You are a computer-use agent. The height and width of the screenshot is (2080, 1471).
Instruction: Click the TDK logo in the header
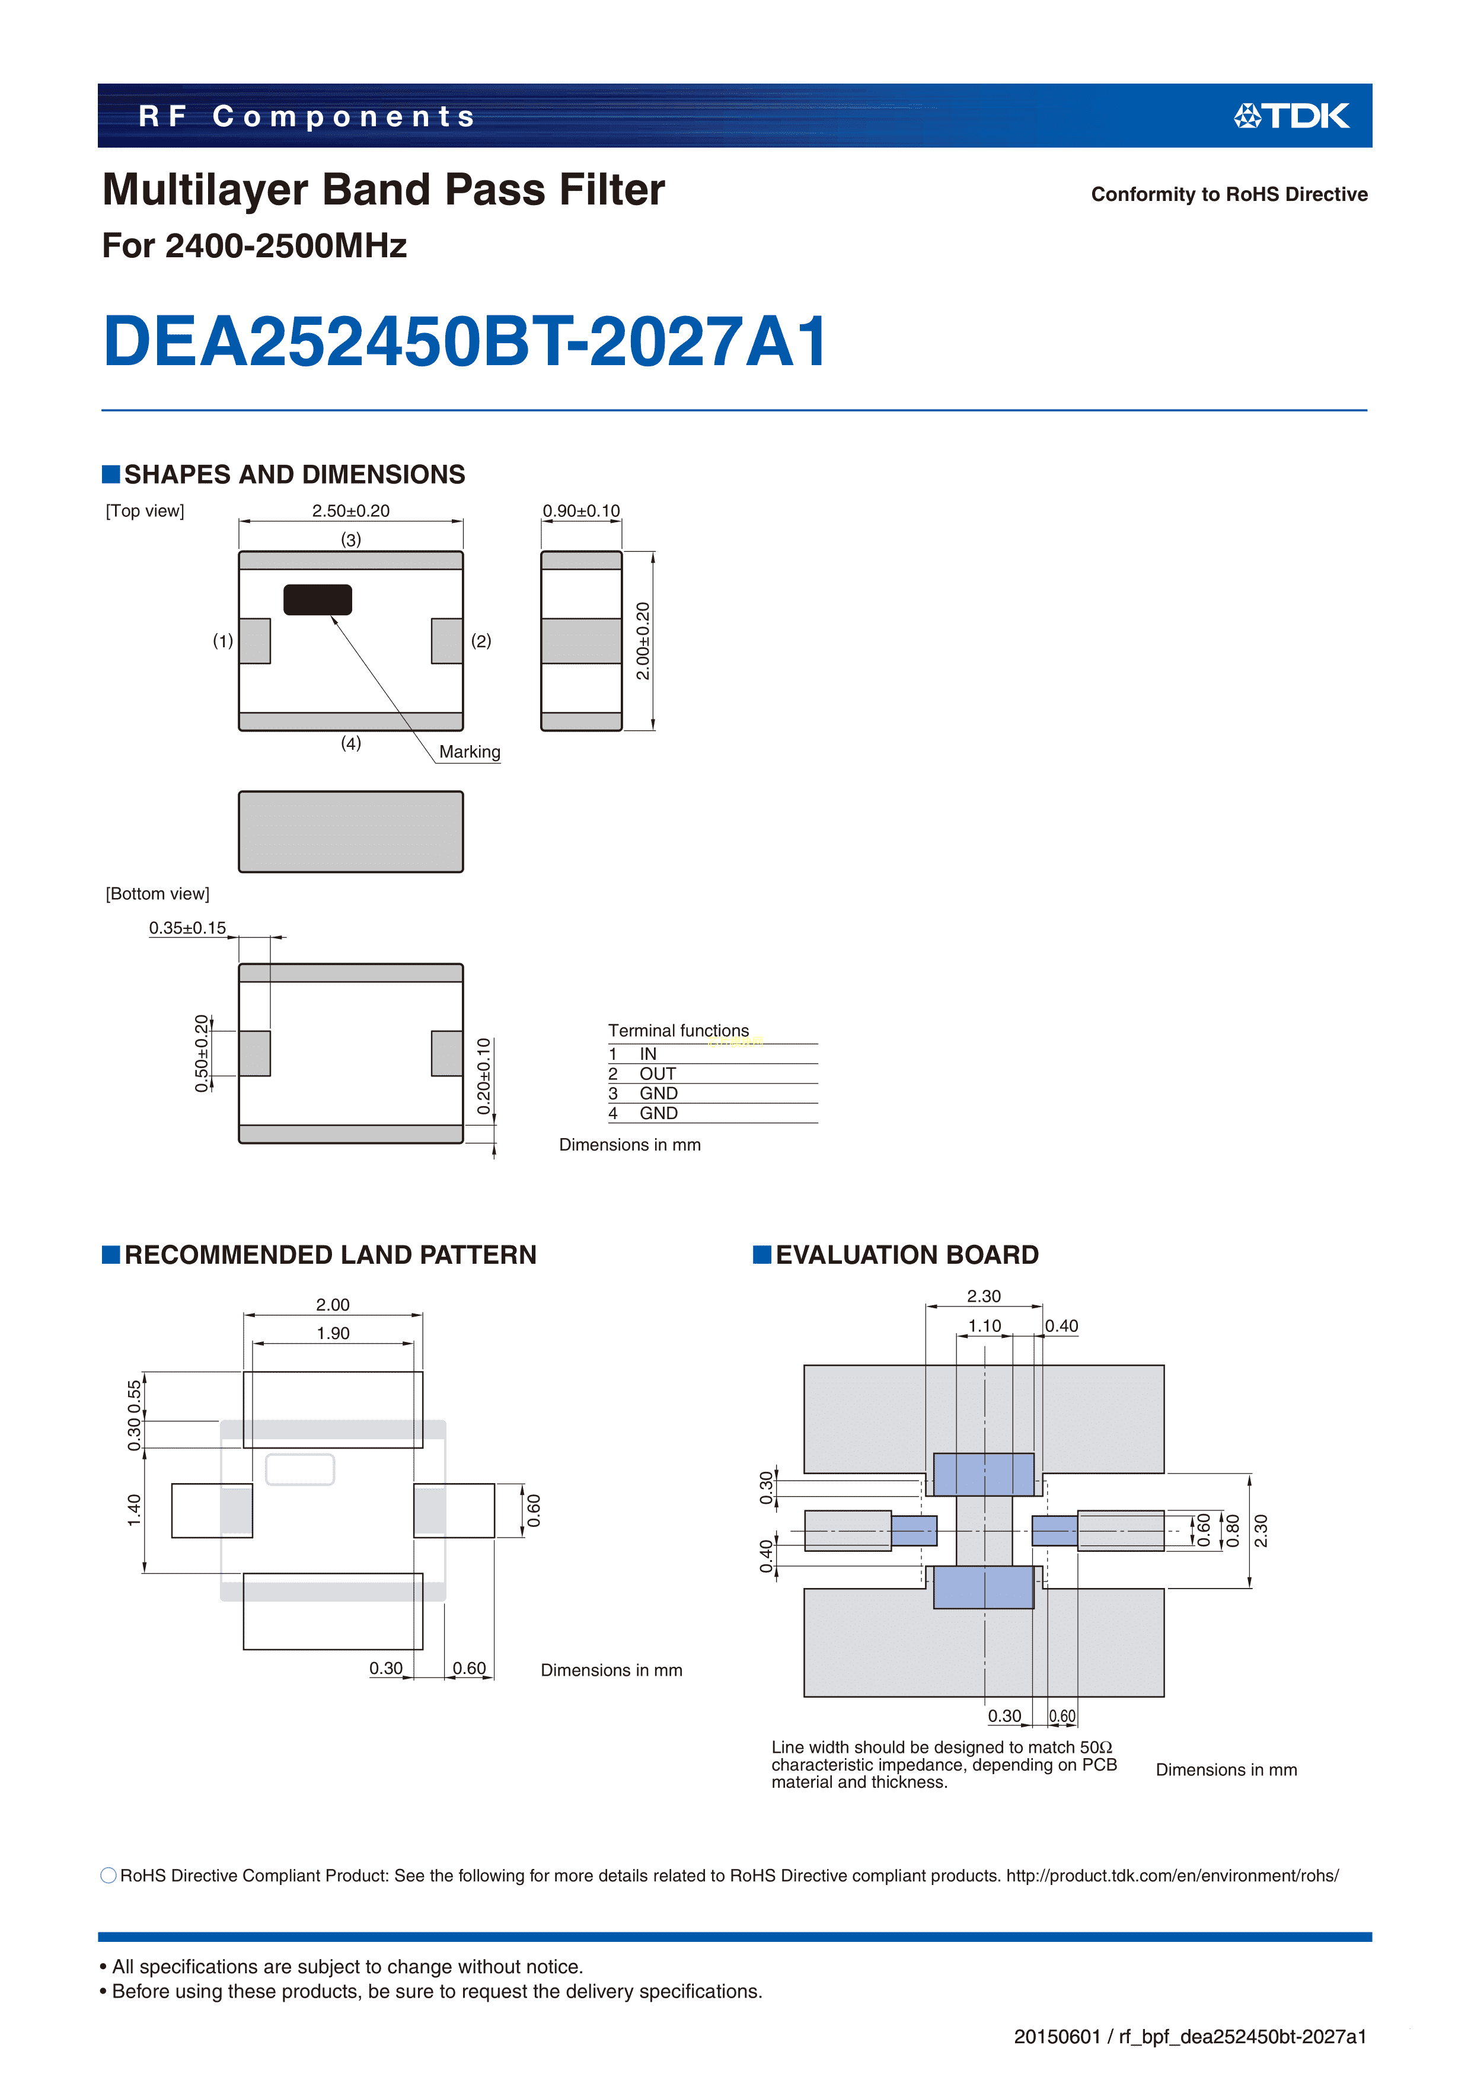[1291, 116]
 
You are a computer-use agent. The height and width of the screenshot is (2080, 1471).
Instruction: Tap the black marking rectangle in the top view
[317, 600]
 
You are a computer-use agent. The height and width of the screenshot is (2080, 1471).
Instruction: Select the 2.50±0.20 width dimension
[351, 511]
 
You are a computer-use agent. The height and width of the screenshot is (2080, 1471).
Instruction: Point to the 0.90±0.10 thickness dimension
[581, 511]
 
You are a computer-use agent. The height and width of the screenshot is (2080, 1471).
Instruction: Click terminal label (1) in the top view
[223, 641]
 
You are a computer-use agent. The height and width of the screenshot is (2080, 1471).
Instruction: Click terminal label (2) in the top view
[481, 641]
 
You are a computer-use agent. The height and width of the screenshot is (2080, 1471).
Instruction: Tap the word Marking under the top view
[470, 752]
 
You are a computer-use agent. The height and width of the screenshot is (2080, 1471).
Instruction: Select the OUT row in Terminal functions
[643, 1073]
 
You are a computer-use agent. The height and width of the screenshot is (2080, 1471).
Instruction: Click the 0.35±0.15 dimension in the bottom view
[187, 928]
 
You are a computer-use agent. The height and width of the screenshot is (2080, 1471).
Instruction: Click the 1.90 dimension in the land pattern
[333, 1334]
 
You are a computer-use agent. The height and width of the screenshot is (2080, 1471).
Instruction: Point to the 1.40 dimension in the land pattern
[134, 1510]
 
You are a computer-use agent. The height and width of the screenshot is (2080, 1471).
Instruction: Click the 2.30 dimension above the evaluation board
[984, 1296]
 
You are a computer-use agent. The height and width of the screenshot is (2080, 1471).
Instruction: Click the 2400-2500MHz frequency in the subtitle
[286, 245]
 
